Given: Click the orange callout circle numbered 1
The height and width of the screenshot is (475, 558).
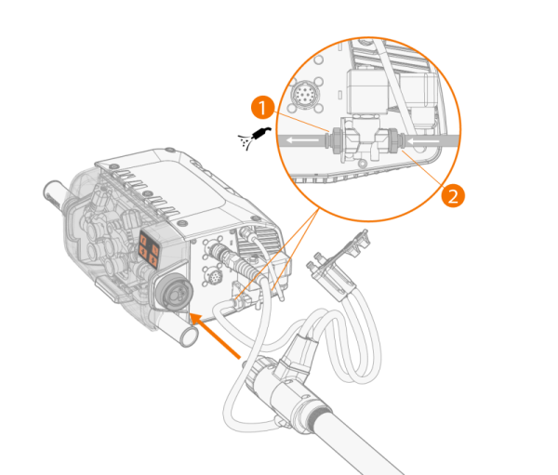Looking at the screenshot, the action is (x=262, y=107).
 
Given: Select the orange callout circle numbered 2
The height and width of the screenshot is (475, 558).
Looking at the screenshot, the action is (x=453, y=195).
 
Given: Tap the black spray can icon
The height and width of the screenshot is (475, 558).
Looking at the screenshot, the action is (x=255, y=138).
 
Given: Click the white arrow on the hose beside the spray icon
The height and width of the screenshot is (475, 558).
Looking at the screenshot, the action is (x=302, y=140).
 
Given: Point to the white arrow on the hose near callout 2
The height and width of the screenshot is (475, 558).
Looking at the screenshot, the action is (x=424, y=141).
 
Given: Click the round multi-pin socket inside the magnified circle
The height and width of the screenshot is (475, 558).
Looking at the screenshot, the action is (x=303, y=94).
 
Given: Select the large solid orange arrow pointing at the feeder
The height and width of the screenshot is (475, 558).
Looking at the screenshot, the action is (x=216, y=336).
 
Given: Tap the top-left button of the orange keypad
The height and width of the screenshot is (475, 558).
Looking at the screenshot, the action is (x=144, y=240).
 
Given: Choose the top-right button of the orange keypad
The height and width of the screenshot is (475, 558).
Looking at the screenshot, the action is (x=154, y=248).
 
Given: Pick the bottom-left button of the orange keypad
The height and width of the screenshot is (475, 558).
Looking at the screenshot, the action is (x=143, y=253).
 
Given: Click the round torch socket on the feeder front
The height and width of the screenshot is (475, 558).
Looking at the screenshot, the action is (x=174, y=292).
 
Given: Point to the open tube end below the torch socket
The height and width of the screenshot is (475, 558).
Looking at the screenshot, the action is (x=189, y=336).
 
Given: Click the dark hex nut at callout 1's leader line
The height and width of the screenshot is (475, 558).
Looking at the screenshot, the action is (x=335, y=141).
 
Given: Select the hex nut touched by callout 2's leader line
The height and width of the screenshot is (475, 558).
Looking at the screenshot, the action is (x=393, y=140).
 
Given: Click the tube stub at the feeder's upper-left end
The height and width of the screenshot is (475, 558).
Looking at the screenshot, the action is (x=53, y=195).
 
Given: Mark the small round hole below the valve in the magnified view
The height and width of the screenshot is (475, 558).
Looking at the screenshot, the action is (x=363, y=164).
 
